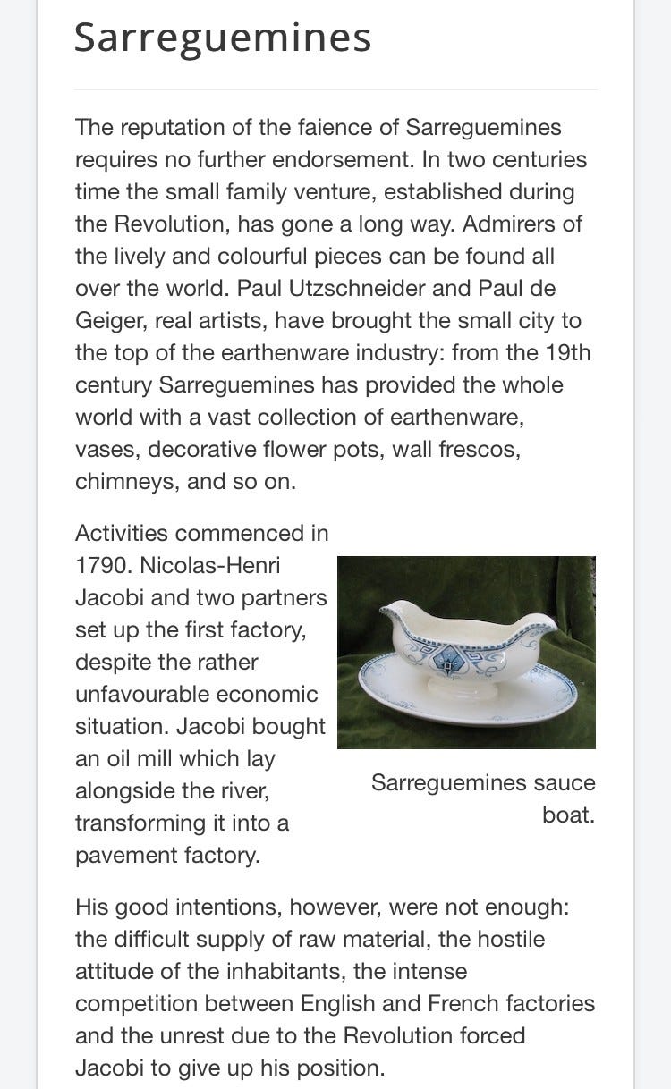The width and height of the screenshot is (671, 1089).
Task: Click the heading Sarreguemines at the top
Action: (222, 38)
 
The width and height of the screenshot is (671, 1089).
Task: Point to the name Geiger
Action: (109, 321)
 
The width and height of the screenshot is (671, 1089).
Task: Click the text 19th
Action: (566, 353)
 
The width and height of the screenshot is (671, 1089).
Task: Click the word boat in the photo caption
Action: (568, 815)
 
